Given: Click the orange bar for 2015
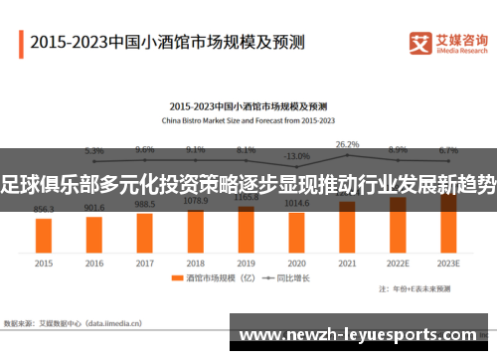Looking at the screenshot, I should pyautogui.click(x=44, y=235).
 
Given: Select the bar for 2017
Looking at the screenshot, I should pyautogui.click(x=145, y=230).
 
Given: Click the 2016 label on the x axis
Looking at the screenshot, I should pyautogui.click(x=94, y=264).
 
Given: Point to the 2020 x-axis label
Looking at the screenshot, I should pyautogui.click(x=296, y=264).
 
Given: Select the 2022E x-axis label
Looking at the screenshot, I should pyautogui.click(x=398, y=264).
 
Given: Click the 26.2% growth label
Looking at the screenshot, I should pyautogui.click(x=347, y=144).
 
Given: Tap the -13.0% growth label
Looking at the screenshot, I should pyautogui.click(x=296, y=156).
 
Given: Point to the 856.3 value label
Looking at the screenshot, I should pyautogui.click(x=44, y=210).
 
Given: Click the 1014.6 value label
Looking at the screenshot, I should pyautogui.click(x=296, y=203).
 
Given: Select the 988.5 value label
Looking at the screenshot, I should pyautogui.click(x=145, y=204).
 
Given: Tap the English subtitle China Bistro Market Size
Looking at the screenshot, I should pyautogui.click(x=248, y=117).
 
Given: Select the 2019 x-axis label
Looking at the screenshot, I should pyautogui.click(x=246, y=264).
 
